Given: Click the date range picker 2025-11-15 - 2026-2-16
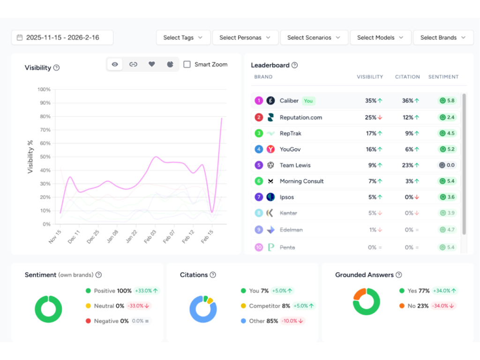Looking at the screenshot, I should [62, 37].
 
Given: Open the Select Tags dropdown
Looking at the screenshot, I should [183, 37].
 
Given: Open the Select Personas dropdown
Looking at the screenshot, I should [245, 37].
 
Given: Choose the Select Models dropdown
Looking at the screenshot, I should [380, 37].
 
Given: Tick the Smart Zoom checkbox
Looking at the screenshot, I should [187, 64].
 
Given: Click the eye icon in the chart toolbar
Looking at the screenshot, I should [115, 64].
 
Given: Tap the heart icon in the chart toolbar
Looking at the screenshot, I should [151, 64].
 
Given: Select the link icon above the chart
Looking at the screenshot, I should [133, 64].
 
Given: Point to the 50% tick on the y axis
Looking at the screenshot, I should [44, 157].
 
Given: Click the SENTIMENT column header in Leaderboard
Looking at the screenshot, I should [443, 76].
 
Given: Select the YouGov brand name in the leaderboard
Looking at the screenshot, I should [290, 149].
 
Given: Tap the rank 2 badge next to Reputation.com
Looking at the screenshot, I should [258, 117].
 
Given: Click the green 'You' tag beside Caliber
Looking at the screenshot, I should [308, 100].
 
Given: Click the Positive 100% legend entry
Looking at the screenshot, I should [112, 291].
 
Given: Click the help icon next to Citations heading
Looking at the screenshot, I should [213, 275].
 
